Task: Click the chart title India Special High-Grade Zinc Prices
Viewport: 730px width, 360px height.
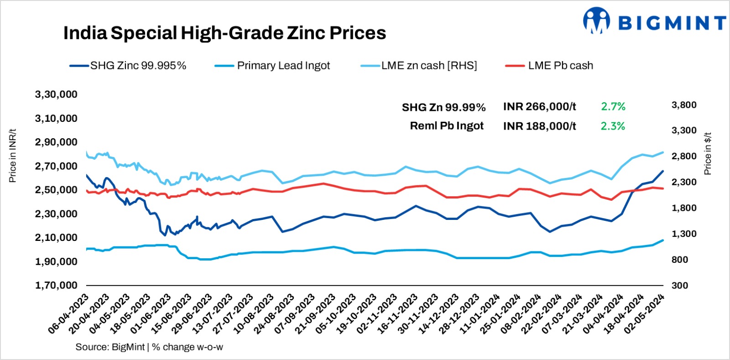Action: click(x=224, y=33)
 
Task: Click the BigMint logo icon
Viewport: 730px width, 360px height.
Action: click(x=596, y=21)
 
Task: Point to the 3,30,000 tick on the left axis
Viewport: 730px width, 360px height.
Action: click(x=56, y=94)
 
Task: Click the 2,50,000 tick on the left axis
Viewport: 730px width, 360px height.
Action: click(x=56, y=190)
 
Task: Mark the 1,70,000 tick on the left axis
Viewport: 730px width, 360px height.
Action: click(x=56, y=285)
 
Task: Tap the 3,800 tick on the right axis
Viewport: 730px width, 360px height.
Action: click(x=683, y=105)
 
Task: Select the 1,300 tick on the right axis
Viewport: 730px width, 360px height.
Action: click(x=683, y=234)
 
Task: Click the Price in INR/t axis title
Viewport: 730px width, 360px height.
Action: click(x=13, y=155)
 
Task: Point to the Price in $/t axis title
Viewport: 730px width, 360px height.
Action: click(x=708, y=154)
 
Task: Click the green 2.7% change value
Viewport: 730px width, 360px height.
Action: click(x=613, y=107)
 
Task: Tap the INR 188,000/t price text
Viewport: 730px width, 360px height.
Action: click(x=539, y=126)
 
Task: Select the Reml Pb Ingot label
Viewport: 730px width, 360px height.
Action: click(x=446, y=126)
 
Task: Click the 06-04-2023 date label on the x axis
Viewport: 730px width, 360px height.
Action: click(x=68, y=315)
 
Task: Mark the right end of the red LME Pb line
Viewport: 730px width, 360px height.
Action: click(x=663, y=188)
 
